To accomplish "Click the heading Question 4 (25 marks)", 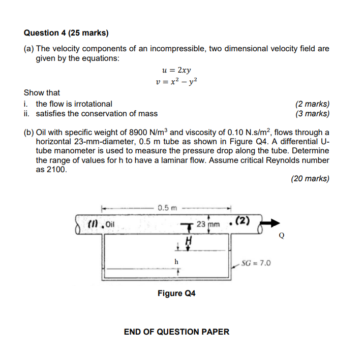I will pos(66,33).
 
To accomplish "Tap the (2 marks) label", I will pos(312,104).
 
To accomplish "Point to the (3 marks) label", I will pos(312,114).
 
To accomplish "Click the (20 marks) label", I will pos(310,179).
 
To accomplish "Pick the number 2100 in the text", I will pos(56,170).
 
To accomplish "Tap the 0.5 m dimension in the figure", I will pos(166,208).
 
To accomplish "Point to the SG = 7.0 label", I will pos(256,263).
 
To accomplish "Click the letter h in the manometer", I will pos(176,260).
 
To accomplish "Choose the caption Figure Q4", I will pos(176,293).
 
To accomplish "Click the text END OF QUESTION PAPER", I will pos(176,332).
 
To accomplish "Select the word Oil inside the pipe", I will pos(110,223).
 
